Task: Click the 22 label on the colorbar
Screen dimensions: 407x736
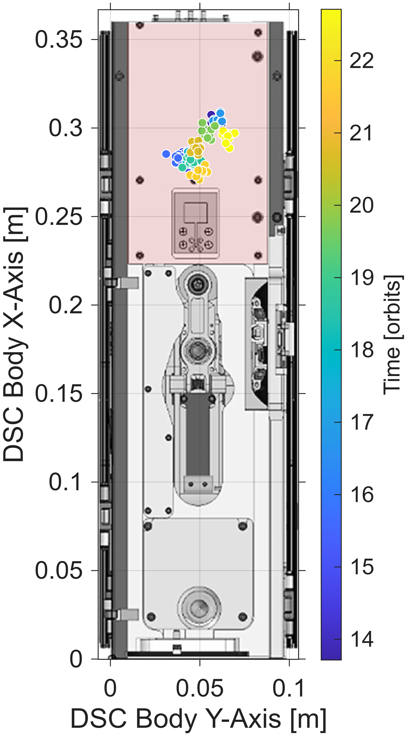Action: point(362,61)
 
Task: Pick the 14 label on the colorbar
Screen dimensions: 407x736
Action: point(362,639)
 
